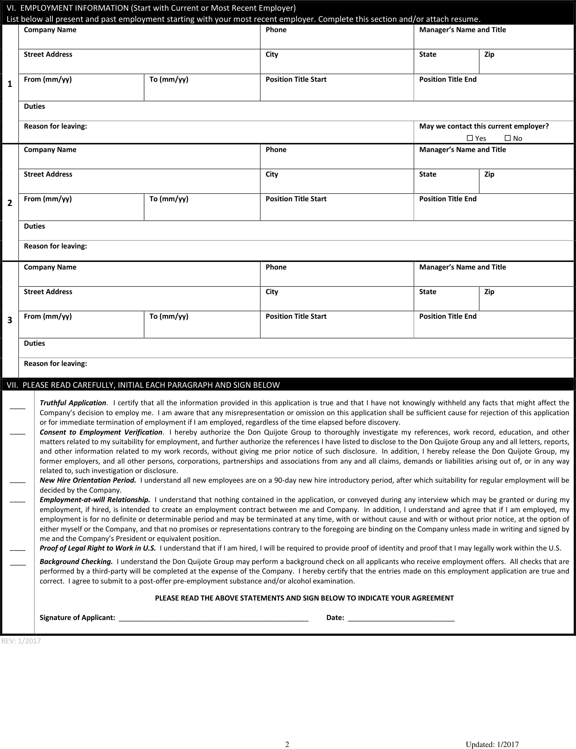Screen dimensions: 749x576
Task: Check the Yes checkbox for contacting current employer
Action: click(x=470, y=138)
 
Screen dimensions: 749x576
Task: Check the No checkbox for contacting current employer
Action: click(x=507, y=138)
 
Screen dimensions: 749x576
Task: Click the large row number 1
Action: click(x=10, y=84)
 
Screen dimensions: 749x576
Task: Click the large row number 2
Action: click(x=10, y=203)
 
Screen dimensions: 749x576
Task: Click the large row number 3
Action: click(x=10, y=320)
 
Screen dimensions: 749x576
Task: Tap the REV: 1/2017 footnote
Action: click(x=21, y=641)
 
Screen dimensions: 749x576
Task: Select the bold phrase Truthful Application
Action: click(x=73, y=403)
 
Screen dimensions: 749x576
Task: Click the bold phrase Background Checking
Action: click(x=76, y=562)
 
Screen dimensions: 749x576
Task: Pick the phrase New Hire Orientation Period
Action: click(x=88, y=480)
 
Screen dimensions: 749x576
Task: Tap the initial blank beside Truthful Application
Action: click(x=17, y=408)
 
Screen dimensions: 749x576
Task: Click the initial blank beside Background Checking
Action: click(x=18, y=564)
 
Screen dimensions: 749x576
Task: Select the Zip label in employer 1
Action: click(x=489, y=54)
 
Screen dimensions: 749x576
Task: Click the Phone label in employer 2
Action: click(x=276, y=150)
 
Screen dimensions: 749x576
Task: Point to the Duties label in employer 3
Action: click(x=35, y=343)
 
